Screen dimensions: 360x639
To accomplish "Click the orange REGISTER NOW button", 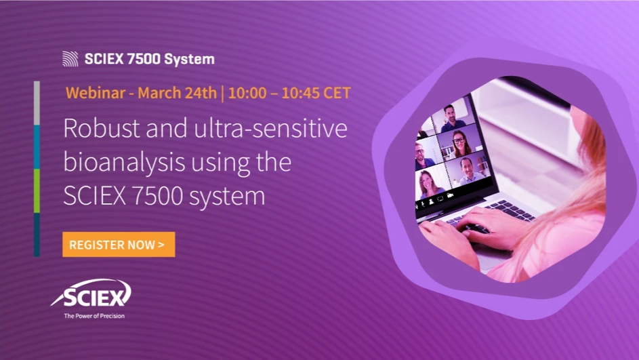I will pos(119,245).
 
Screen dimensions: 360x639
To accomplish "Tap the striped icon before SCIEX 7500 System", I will pos(70,59).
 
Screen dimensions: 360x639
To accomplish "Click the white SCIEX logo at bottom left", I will pos(91,294).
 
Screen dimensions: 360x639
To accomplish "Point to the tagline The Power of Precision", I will pos(94,315).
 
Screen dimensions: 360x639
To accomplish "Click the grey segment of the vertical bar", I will pos(37,103).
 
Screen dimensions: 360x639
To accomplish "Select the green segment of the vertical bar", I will pos(37,191).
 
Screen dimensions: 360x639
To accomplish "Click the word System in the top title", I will pos(190,59).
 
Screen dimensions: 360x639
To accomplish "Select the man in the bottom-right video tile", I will pos(467,171).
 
